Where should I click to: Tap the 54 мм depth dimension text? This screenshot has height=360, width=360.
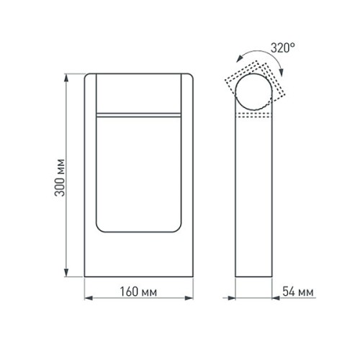[296, 293]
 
